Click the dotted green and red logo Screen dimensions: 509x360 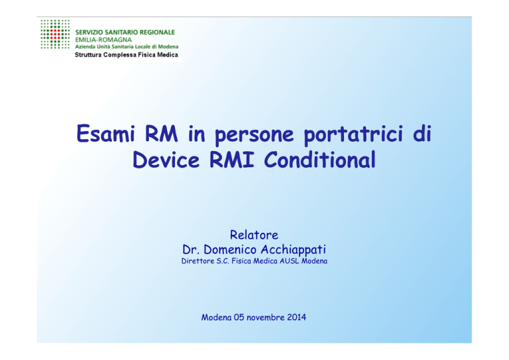pos(55,34)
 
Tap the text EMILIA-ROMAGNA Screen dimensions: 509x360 pos(103,40)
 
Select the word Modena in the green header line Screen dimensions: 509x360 pos(168,46)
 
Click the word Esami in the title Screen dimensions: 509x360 pos(105,133)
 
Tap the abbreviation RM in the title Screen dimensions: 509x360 pos(161,133)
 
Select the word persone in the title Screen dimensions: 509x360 pos(254,135)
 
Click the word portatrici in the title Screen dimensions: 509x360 pos(353,134)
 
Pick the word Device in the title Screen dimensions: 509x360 pos(166,159)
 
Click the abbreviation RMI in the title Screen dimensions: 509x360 pos(231,159)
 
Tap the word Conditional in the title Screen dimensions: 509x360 pos(319,159)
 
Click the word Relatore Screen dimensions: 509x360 pos(254,235)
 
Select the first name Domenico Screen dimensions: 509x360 pos(230,249)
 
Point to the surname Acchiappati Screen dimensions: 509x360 pos(293,250)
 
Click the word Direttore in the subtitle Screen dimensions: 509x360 pos(198,261)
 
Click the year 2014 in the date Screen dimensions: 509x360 pos(296,317)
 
